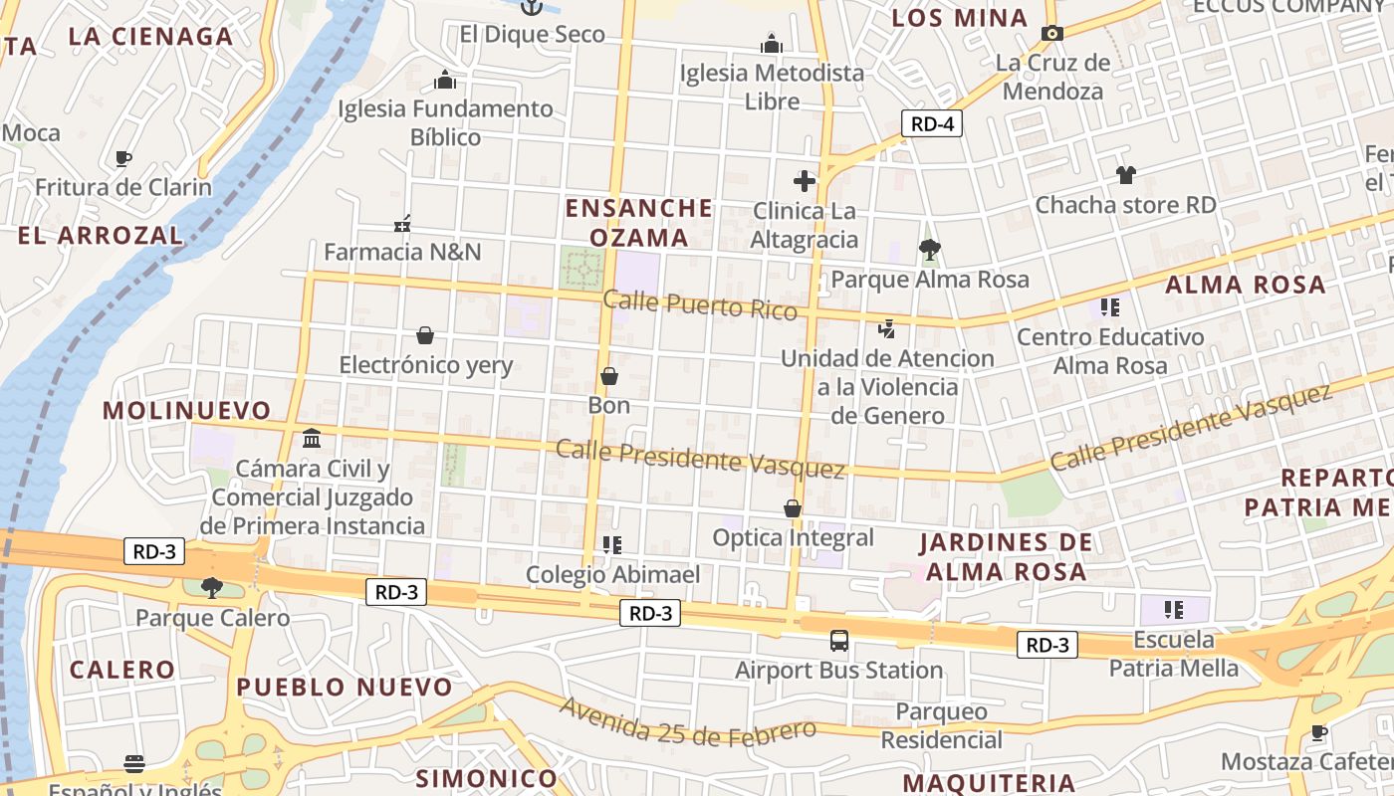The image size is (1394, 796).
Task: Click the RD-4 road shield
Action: [x=932, y=123]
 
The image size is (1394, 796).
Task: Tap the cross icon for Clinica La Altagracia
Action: [x=805, y=181]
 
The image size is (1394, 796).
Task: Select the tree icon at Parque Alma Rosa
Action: [x=929, y=249]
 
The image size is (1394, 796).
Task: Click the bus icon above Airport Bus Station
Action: [x=838, y=641]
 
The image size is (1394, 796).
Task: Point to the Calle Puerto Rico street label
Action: [x=700, y=304]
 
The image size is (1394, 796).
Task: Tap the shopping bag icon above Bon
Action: [x=609, y=376]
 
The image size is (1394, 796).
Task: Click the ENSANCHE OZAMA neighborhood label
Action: [x=639, y=223]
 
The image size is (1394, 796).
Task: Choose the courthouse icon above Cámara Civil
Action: [x=312, y=439]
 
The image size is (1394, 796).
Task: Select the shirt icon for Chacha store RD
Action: [x=1125, y=175]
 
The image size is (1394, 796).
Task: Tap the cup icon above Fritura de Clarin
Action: [x=123, y=158]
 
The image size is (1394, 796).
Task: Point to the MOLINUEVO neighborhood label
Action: [x=186, y=410]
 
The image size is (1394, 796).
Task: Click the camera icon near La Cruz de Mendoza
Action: [x=1051, y=33]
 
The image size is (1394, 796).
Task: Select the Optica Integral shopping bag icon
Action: [x=793, y=509]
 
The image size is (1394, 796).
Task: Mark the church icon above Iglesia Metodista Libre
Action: [x=772, y=44]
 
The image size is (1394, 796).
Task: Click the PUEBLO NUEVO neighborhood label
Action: [x=345, y=687]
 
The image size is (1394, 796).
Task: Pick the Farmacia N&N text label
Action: [x=402, y=252]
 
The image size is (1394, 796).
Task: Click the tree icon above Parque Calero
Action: [x=211, y=588]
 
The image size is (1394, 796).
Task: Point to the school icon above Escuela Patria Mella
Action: [x=1174, y=609]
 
